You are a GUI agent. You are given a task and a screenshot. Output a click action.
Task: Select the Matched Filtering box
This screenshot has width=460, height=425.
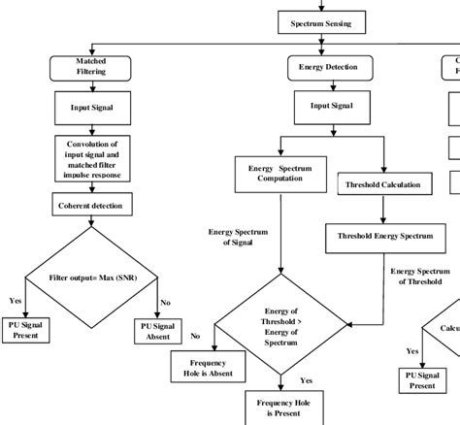(90, 66)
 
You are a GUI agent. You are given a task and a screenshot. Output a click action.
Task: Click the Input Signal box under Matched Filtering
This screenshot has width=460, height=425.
(90, 109)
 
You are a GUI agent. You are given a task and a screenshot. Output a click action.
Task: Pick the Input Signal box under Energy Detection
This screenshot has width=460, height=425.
(323, 106)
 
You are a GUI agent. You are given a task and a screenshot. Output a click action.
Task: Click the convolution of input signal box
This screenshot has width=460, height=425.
(90, 156)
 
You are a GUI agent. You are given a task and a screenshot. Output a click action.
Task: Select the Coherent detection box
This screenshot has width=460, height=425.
(90, 205)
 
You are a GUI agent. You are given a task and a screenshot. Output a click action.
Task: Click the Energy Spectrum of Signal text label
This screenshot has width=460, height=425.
(237, 238)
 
